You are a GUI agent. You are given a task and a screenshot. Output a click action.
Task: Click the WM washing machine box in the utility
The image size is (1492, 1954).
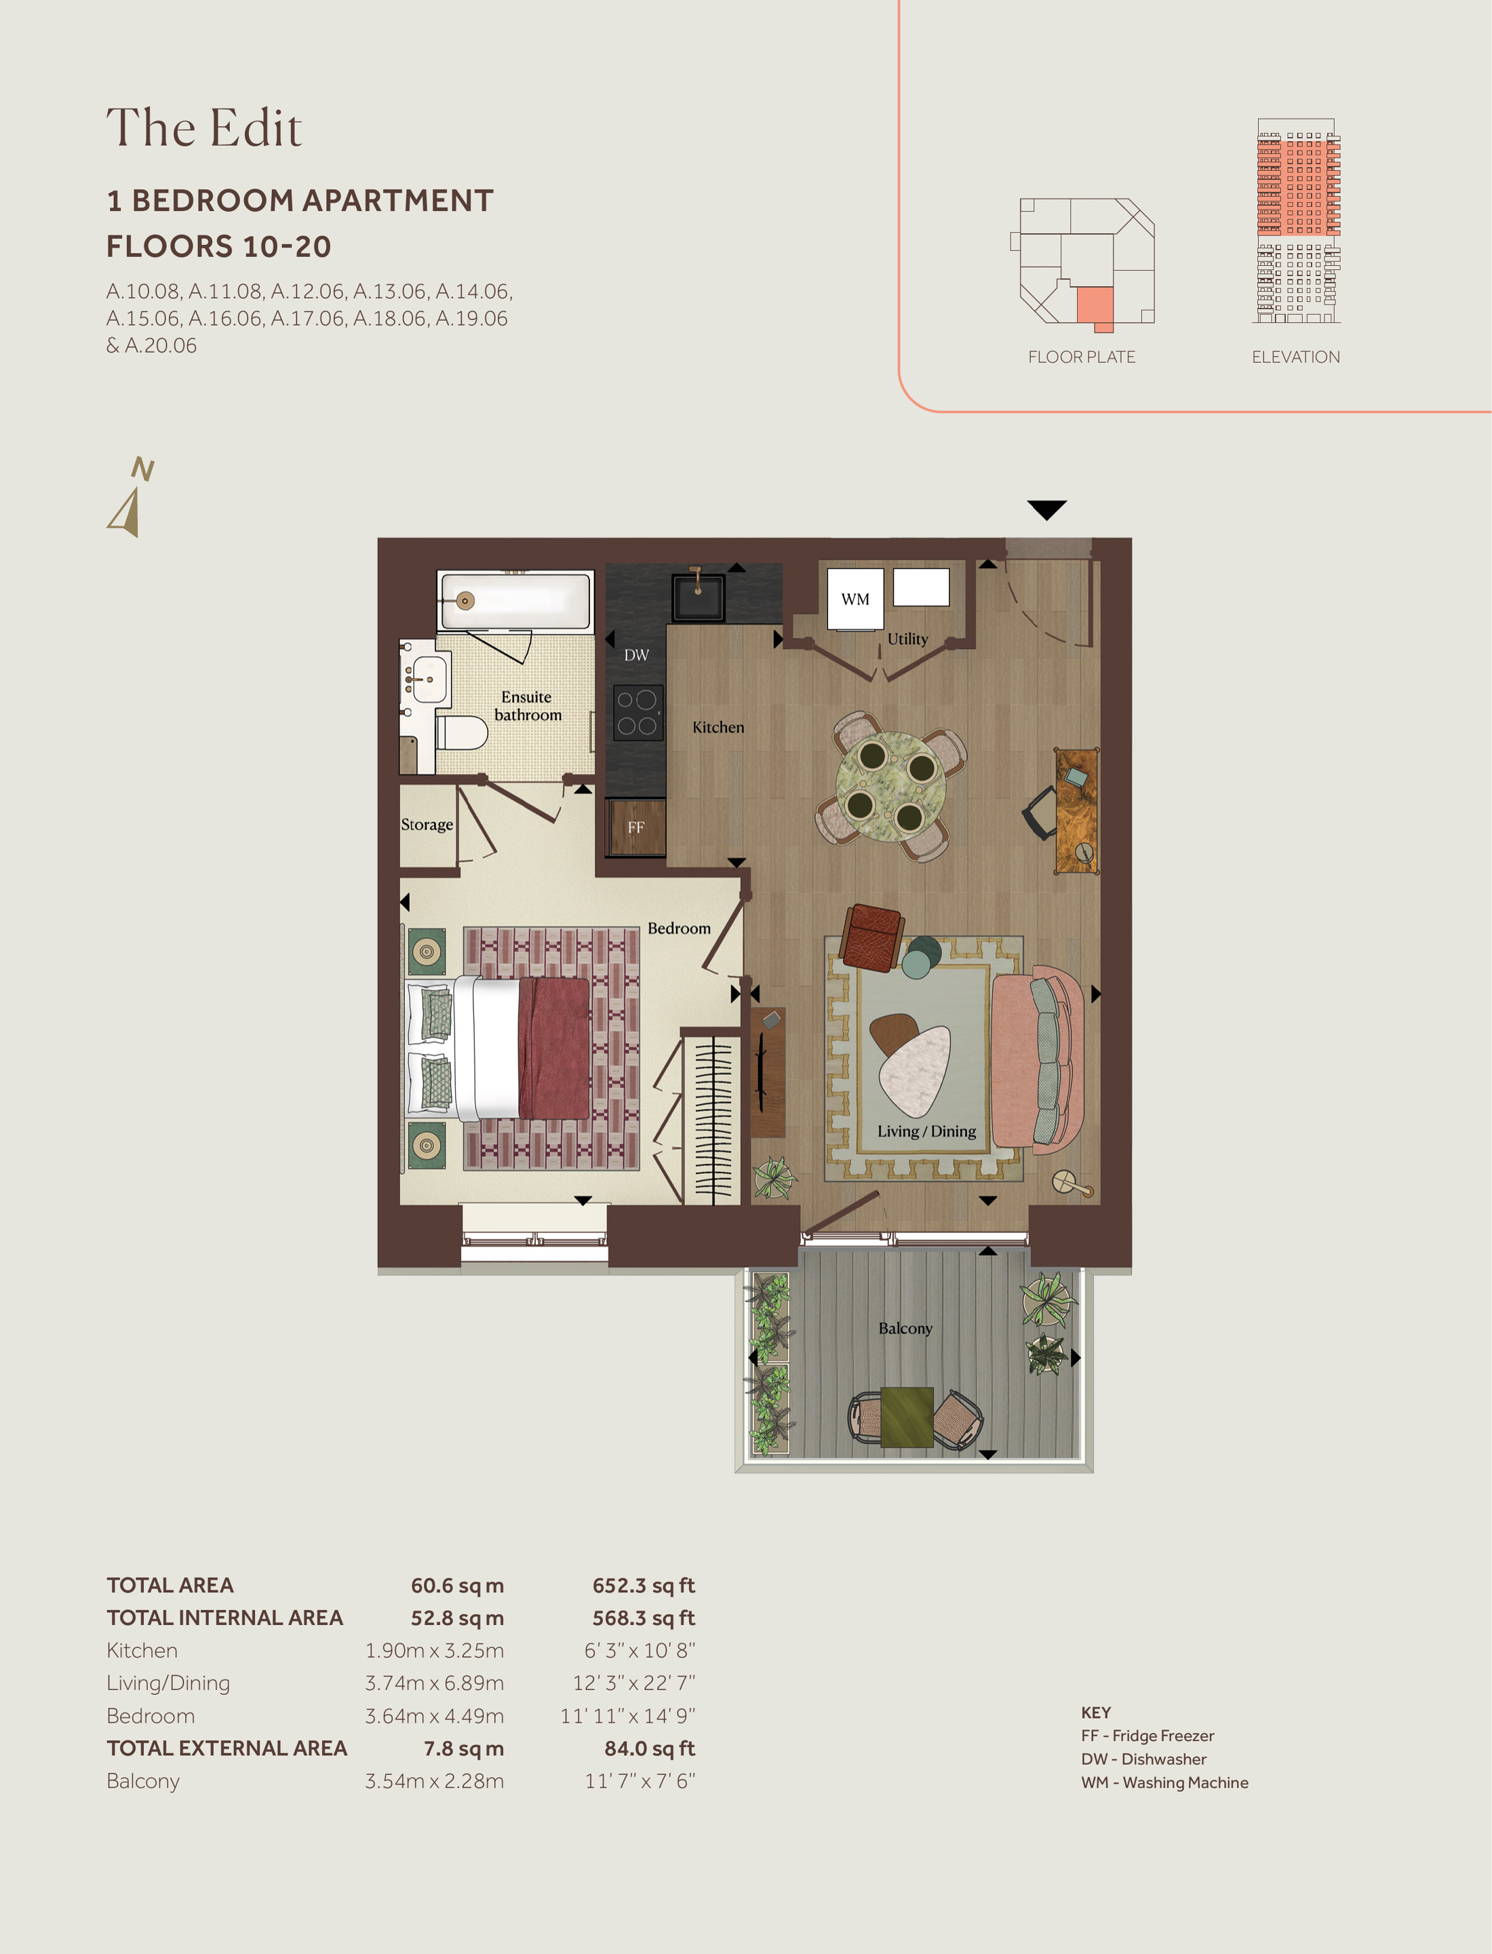click(x=855, y=599)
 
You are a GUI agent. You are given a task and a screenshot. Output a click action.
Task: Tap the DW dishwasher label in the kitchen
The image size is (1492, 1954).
click(x=636, y=655)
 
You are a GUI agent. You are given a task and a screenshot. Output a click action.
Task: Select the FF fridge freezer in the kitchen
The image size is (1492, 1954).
click(x=636, y=827)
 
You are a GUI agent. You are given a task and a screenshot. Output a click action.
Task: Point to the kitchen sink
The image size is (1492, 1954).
click(x=698, y=597)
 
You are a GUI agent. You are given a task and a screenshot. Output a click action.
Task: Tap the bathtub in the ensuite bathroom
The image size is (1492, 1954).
click(x=515, y=602)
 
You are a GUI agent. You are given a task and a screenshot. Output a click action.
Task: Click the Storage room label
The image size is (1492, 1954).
click(x=427, y=824)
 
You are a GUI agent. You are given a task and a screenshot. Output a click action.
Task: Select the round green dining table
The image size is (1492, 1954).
click(x=890, y=785)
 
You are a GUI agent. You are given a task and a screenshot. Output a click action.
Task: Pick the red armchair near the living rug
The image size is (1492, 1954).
click(x=873, y=936)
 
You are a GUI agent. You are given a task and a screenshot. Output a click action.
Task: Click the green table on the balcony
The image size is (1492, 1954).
click(x=907, y=1417)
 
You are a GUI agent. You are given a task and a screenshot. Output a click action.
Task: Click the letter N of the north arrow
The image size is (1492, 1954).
click(x=142, y=468)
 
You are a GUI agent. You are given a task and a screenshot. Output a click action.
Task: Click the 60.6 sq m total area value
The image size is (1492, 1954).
click(x=457, y=1586)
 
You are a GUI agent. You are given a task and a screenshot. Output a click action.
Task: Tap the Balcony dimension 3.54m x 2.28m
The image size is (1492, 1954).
click(x=434, y=1781)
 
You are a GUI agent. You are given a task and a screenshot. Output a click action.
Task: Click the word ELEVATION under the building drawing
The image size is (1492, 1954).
click(x=1296, y=357)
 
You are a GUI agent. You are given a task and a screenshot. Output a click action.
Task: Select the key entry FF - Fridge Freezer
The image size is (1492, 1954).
click(x=1147, y=1736)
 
